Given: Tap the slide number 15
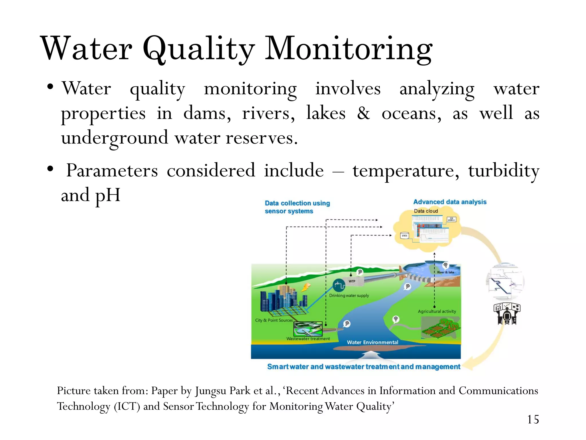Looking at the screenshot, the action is tap(533, 420).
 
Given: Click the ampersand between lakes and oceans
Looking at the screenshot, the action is tap(363, 113).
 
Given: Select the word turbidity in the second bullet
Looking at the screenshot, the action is tap(504, 171).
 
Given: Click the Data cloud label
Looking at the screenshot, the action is tap(426, 211).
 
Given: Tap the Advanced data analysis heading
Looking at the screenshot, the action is tap(450, 202).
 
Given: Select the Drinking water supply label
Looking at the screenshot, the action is tap(349, 296).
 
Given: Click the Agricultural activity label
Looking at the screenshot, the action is tap(437, 311).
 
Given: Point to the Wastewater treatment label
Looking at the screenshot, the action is tap(308, 339).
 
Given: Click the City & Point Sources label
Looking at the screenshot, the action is tap(274, 320).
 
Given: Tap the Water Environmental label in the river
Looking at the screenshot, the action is tap(372, 342).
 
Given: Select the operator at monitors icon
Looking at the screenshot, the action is tap(507, 314).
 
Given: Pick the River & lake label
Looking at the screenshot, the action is tap(446, 272).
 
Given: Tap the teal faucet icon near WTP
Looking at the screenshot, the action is tap(339, 285).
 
